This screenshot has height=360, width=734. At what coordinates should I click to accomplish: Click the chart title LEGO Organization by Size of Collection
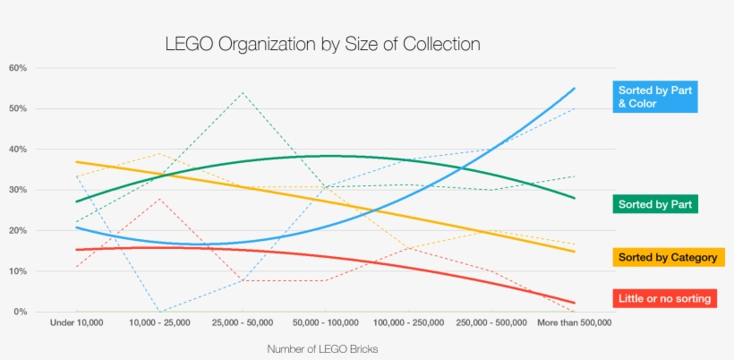tap(323, 44)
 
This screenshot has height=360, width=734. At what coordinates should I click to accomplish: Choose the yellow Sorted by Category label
tap(667, 258)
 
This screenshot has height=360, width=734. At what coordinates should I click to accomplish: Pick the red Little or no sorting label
tap(667, 298)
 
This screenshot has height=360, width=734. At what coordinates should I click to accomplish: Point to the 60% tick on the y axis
tap(18, 68)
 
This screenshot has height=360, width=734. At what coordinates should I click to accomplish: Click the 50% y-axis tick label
tap(18, 108)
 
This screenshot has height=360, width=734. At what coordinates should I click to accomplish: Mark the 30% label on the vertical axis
tap(18, 190)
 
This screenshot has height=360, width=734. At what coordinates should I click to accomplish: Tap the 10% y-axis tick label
tap(18, 271)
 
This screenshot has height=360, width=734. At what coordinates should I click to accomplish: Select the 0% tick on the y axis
tap(21, 312)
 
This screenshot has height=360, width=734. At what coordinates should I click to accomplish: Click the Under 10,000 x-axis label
tap(78, 321)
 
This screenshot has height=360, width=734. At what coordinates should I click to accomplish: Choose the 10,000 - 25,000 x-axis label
tap(159, 321)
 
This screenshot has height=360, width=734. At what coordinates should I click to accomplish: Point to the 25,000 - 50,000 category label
tap(242, 321)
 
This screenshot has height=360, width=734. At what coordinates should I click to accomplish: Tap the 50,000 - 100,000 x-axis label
tap(325, 321)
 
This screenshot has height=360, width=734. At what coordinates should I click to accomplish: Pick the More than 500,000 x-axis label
tap(574, 321)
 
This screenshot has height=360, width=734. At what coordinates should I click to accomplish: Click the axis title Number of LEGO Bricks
tap(322, 349)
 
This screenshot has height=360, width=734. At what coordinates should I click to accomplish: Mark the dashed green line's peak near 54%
tap(242, 92)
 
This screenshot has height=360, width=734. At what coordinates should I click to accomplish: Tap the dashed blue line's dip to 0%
tap(159, 312)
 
